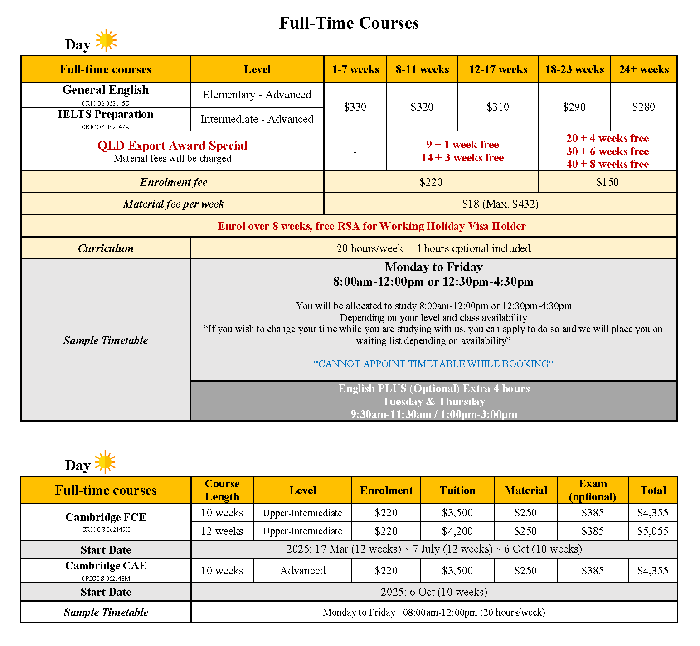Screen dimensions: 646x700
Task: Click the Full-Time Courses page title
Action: [x=349, y=23]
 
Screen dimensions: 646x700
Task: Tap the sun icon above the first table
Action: [x=106, y=40]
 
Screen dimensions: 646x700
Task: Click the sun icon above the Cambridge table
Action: [x=105, y=461]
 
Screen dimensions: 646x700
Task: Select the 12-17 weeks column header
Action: [x=498, y=69]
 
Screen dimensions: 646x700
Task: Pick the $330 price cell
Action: [x=355, y=107]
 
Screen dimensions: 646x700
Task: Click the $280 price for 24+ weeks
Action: [x=643, y=107]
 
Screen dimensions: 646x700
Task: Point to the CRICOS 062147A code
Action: [x=105, y=127]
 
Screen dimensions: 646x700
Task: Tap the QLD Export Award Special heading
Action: [x=172, y=146]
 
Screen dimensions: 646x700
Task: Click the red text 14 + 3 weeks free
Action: [x=462, y=158]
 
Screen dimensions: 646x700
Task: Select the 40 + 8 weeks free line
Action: [x=607, y=164]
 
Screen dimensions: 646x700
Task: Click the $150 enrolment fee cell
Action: [x=607, y=182]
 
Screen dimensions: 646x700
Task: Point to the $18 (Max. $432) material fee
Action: [x=500, y=204]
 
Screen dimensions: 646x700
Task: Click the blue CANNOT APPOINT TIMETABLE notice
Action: [x=433, y=364]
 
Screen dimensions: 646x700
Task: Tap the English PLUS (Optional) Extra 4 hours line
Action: [x=433, y=389]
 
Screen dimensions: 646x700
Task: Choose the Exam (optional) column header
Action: [x=592, y=490]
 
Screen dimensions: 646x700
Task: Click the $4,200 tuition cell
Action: [x=457, y=531]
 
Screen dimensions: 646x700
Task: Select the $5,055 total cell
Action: [x=652, y=531]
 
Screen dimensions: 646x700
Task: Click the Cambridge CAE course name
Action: [x=106, y=566]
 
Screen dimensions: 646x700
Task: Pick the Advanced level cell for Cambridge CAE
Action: [x=302, y=571]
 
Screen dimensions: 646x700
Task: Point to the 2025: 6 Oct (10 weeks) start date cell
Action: [x=434, y=592]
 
